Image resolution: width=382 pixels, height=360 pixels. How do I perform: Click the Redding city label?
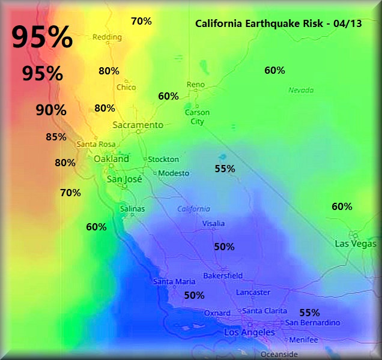click(x=107, y=37)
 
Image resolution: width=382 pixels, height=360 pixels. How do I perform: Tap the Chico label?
click(x=126, y=87)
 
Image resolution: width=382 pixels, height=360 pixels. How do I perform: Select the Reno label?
click(x=196, y=85)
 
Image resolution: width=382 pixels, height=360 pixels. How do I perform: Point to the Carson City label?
click(x=197, y=117)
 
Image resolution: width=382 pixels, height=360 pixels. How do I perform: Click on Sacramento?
click(x=138, y=125)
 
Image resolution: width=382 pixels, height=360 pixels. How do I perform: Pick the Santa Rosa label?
click(x=95, y=144)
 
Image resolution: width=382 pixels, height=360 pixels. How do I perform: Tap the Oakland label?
click(x=111, y=159)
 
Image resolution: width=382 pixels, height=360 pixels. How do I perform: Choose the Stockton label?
click(x=163, y=159)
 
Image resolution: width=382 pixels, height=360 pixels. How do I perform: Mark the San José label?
click(x=124, y=179)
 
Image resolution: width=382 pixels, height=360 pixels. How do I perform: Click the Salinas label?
click(x=132, y=209)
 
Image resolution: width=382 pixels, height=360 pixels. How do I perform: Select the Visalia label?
click(x=213, y=223)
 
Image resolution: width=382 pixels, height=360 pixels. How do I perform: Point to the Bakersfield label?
click(x=223, y=275)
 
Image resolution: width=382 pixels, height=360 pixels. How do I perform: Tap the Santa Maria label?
click(x=174, y=281)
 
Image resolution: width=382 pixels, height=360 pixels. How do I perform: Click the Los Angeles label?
click(x=249, y=332)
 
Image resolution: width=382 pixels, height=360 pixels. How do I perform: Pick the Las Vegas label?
click(x=356, y=244)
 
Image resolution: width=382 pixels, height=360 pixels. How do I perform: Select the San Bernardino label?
click(x=312, y=323)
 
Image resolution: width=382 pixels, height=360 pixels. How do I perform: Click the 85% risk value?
click(x=56, y=137)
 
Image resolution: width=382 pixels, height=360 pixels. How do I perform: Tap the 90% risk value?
click(x=50, y=110)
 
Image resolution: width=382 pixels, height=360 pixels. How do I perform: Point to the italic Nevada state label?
click(x=301, y=90)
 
